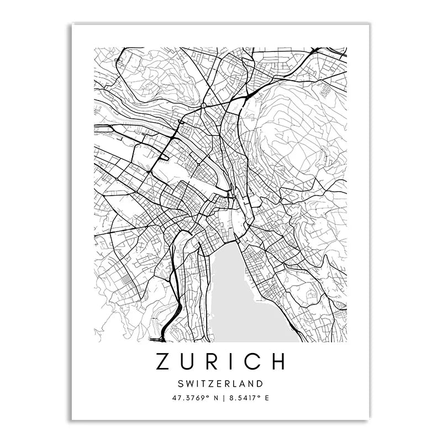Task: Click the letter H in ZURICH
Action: [x=277, y=361]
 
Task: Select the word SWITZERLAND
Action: [x=220, y=383]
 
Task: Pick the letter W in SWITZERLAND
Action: [x=188, y=383]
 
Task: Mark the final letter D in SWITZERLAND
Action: [x=260, y=383]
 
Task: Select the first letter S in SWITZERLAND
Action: [x=181, y=383]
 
